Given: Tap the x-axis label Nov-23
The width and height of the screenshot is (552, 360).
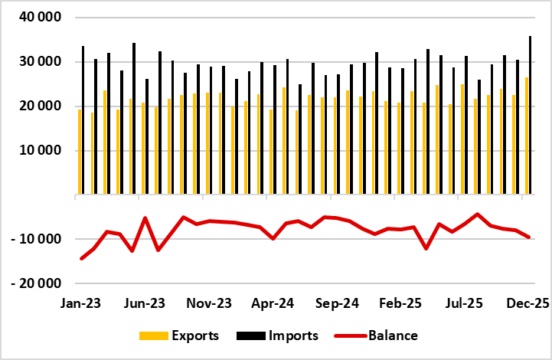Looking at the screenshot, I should pyautogui.click(x=208, y=304).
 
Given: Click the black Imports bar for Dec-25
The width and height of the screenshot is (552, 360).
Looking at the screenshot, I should pyautogui.click(x=530, y=115).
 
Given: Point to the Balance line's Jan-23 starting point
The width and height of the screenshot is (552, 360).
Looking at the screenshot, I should pyautogui.click(x=80, y=259).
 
